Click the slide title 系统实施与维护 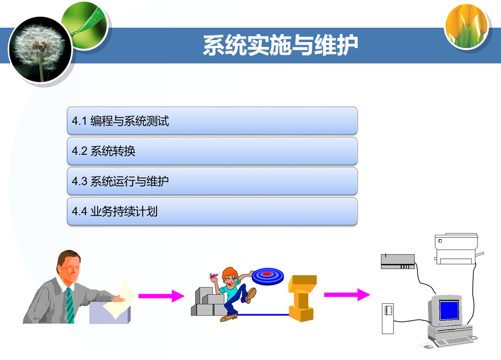[281, 45]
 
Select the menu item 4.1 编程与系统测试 [212, 121]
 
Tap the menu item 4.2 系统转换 [212, 151]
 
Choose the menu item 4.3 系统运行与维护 [212, 182]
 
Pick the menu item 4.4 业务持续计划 [212, 212]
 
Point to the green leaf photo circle [86, 24]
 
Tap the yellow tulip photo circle [468, 26]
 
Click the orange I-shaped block [302, 297]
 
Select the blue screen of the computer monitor [449, 310]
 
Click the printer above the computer [457, 249]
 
